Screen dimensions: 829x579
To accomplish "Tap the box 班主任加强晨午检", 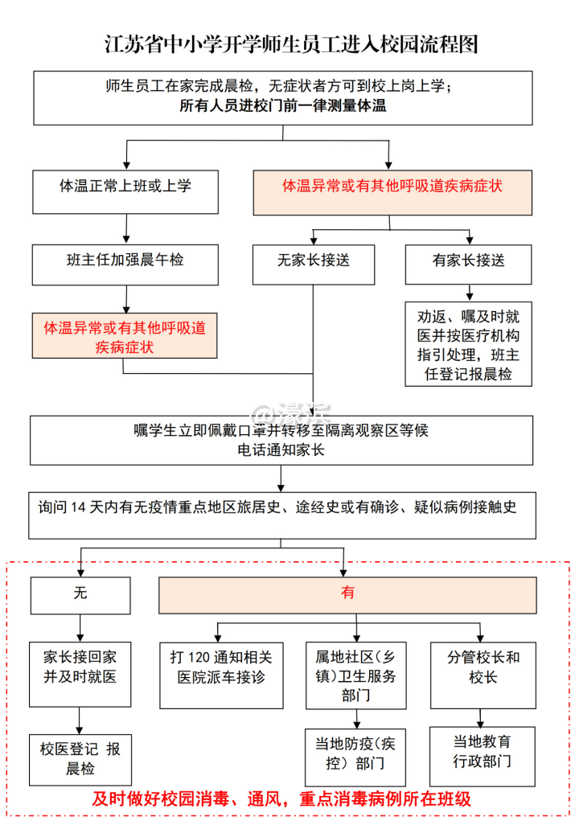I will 125,263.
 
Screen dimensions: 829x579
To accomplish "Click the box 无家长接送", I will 314,263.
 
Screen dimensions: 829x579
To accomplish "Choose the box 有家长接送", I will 469,263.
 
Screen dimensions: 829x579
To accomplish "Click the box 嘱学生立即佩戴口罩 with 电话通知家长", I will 281,441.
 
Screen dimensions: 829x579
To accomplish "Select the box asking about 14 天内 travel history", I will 282,515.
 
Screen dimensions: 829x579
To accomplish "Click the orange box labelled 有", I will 348,594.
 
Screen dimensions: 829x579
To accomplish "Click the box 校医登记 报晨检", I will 80,759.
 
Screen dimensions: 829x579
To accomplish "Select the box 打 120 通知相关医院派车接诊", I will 222,666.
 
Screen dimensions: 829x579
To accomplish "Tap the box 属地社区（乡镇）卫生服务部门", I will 356,675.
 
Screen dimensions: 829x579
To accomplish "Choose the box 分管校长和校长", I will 483,666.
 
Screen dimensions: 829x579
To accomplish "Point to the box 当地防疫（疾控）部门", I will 356,753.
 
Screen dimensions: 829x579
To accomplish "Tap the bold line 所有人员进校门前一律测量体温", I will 282,105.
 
